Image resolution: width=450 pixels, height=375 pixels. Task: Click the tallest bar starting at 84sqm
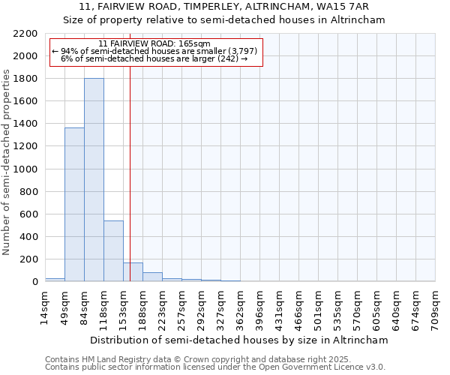pos(94,180)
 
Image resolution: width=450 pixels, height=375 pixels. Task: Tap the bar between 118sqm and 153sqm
pos(113,250)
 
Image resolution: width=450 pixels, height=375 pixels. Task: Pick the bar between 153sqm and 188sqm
pos(133,272)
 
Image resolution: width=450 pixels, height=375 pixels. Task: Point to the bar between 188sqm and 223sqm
pos(152,277)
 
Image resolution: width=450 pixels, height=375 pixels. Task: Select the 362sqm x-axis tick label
pos(240,307)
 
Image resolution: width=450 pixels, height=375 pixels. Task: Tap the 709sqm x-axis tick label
pos(435,307)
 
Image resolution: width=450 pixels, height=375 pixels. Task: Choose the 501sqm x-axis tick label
pos(318,307)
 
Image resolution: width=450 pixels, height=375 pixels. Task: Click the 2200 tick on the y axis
pos(25,34)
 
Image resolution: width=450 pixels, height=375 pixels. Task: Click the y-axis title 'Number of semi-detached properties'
pos(7,162)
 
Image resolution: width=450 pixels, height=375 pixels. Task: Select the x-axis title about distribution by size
pos(238,340)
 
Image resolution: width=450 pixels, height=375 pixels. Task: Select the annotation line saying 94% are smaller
pos(154,51)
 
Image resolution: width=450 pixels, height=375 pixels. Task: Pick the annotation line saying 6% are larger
pos(154,58)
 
